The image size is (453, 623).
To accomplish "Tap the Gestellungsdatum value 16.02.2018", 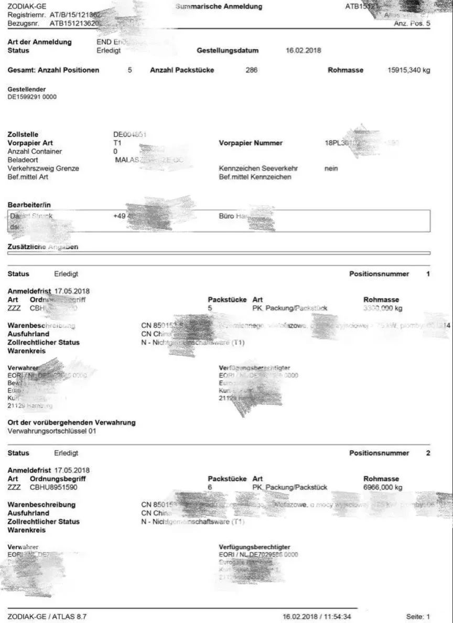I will (304, 51).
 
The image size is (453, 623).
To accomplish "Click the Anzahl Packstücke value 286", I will (251, 70).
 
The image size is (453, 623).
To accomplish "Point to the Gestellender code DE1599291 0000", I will (32, 97).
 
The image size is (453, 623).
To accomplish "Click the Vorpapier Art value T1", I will (117, 143).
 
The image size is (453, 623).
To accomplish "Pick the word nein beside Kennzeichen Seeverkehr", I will (331, 168).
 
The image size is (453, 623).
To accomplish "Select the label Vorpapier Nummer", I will (251, 143).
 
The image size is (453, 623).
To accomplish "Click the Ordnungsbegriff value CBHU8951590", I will (53, 487).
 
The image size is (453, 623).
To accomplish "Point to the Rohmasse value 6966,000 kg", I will (383, 487).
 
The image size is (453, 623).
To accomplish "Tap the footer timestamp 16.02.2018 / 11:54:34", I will (317, 617).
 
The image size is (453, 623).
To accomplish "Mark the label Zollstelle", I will (23, 135).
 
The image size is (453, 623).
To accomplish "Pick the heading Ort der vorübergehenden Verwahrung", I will (71, 422).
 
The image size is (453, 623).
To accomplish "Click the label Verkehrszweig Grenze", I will (43, 168).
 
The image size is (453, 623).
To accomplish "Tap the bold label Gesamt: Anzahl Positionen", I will (53, 70).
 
